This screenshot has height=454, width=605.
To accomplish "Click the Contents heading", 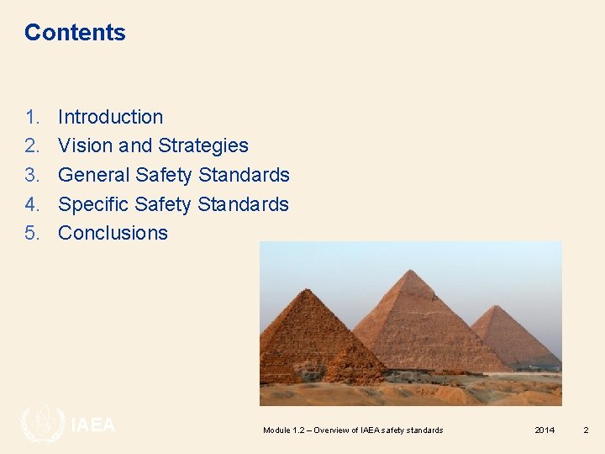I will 75,33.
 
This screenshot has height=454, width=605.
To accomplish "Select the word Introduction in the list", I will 110,117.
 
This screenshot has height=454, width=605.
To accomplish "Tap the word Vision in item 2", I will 85,145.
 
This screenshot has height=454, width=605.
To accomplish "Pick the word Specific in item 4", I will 92,204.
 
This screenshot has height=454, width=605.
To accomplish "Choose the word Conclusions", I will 113,233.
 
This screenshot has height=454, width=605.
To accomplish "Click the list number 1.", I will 32,117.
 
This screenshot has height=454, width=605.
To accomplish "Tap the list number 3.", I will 32,175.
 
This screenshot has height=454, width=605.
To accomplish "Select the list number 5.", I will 32,233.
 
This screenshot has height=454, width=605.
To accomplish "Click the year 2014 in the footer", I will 544,430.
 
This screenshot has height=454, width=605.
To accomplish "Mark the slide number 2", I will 586,430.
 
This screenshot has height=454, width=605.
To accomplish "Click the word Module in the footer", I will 276,430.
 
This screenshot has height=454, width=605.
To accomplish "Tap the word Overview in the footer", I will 335,430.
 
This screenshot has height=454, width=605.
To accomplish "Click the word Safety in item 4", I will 164,204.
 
